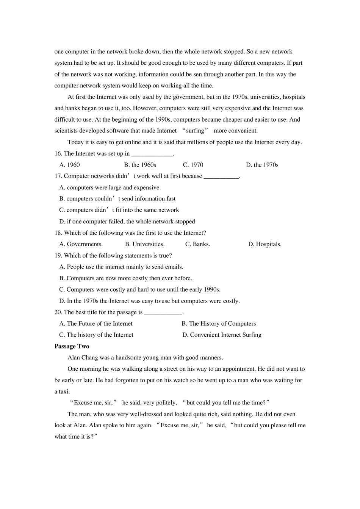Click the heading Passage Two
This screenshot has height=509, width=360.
click(72, 346)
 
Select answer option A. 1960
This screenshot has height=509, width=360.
click(70, 165)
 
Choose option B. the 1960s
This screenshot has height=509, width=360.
click(140, 165)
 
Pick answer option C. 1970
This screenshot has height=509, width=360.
click(193, 165)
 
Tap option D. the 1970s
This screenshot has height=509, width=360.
click(262, 165)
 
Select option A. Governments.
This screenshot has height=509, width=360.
click(81, 244)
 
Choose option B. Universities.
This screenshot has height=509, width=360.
click(145, 244)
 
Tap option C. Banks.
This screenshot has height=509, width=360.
click(197, 244)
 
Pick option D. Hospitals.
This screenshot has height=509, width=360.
click(265, 244)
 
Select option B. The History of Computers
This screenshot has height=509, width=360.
click(219, 323)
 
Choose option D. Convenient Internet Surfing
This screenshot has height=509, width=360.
click(222, 335)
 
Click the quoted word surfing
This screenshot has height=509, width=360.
click(195, 131)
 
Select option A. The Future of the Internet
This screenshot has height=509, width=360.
click(96, 323)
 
